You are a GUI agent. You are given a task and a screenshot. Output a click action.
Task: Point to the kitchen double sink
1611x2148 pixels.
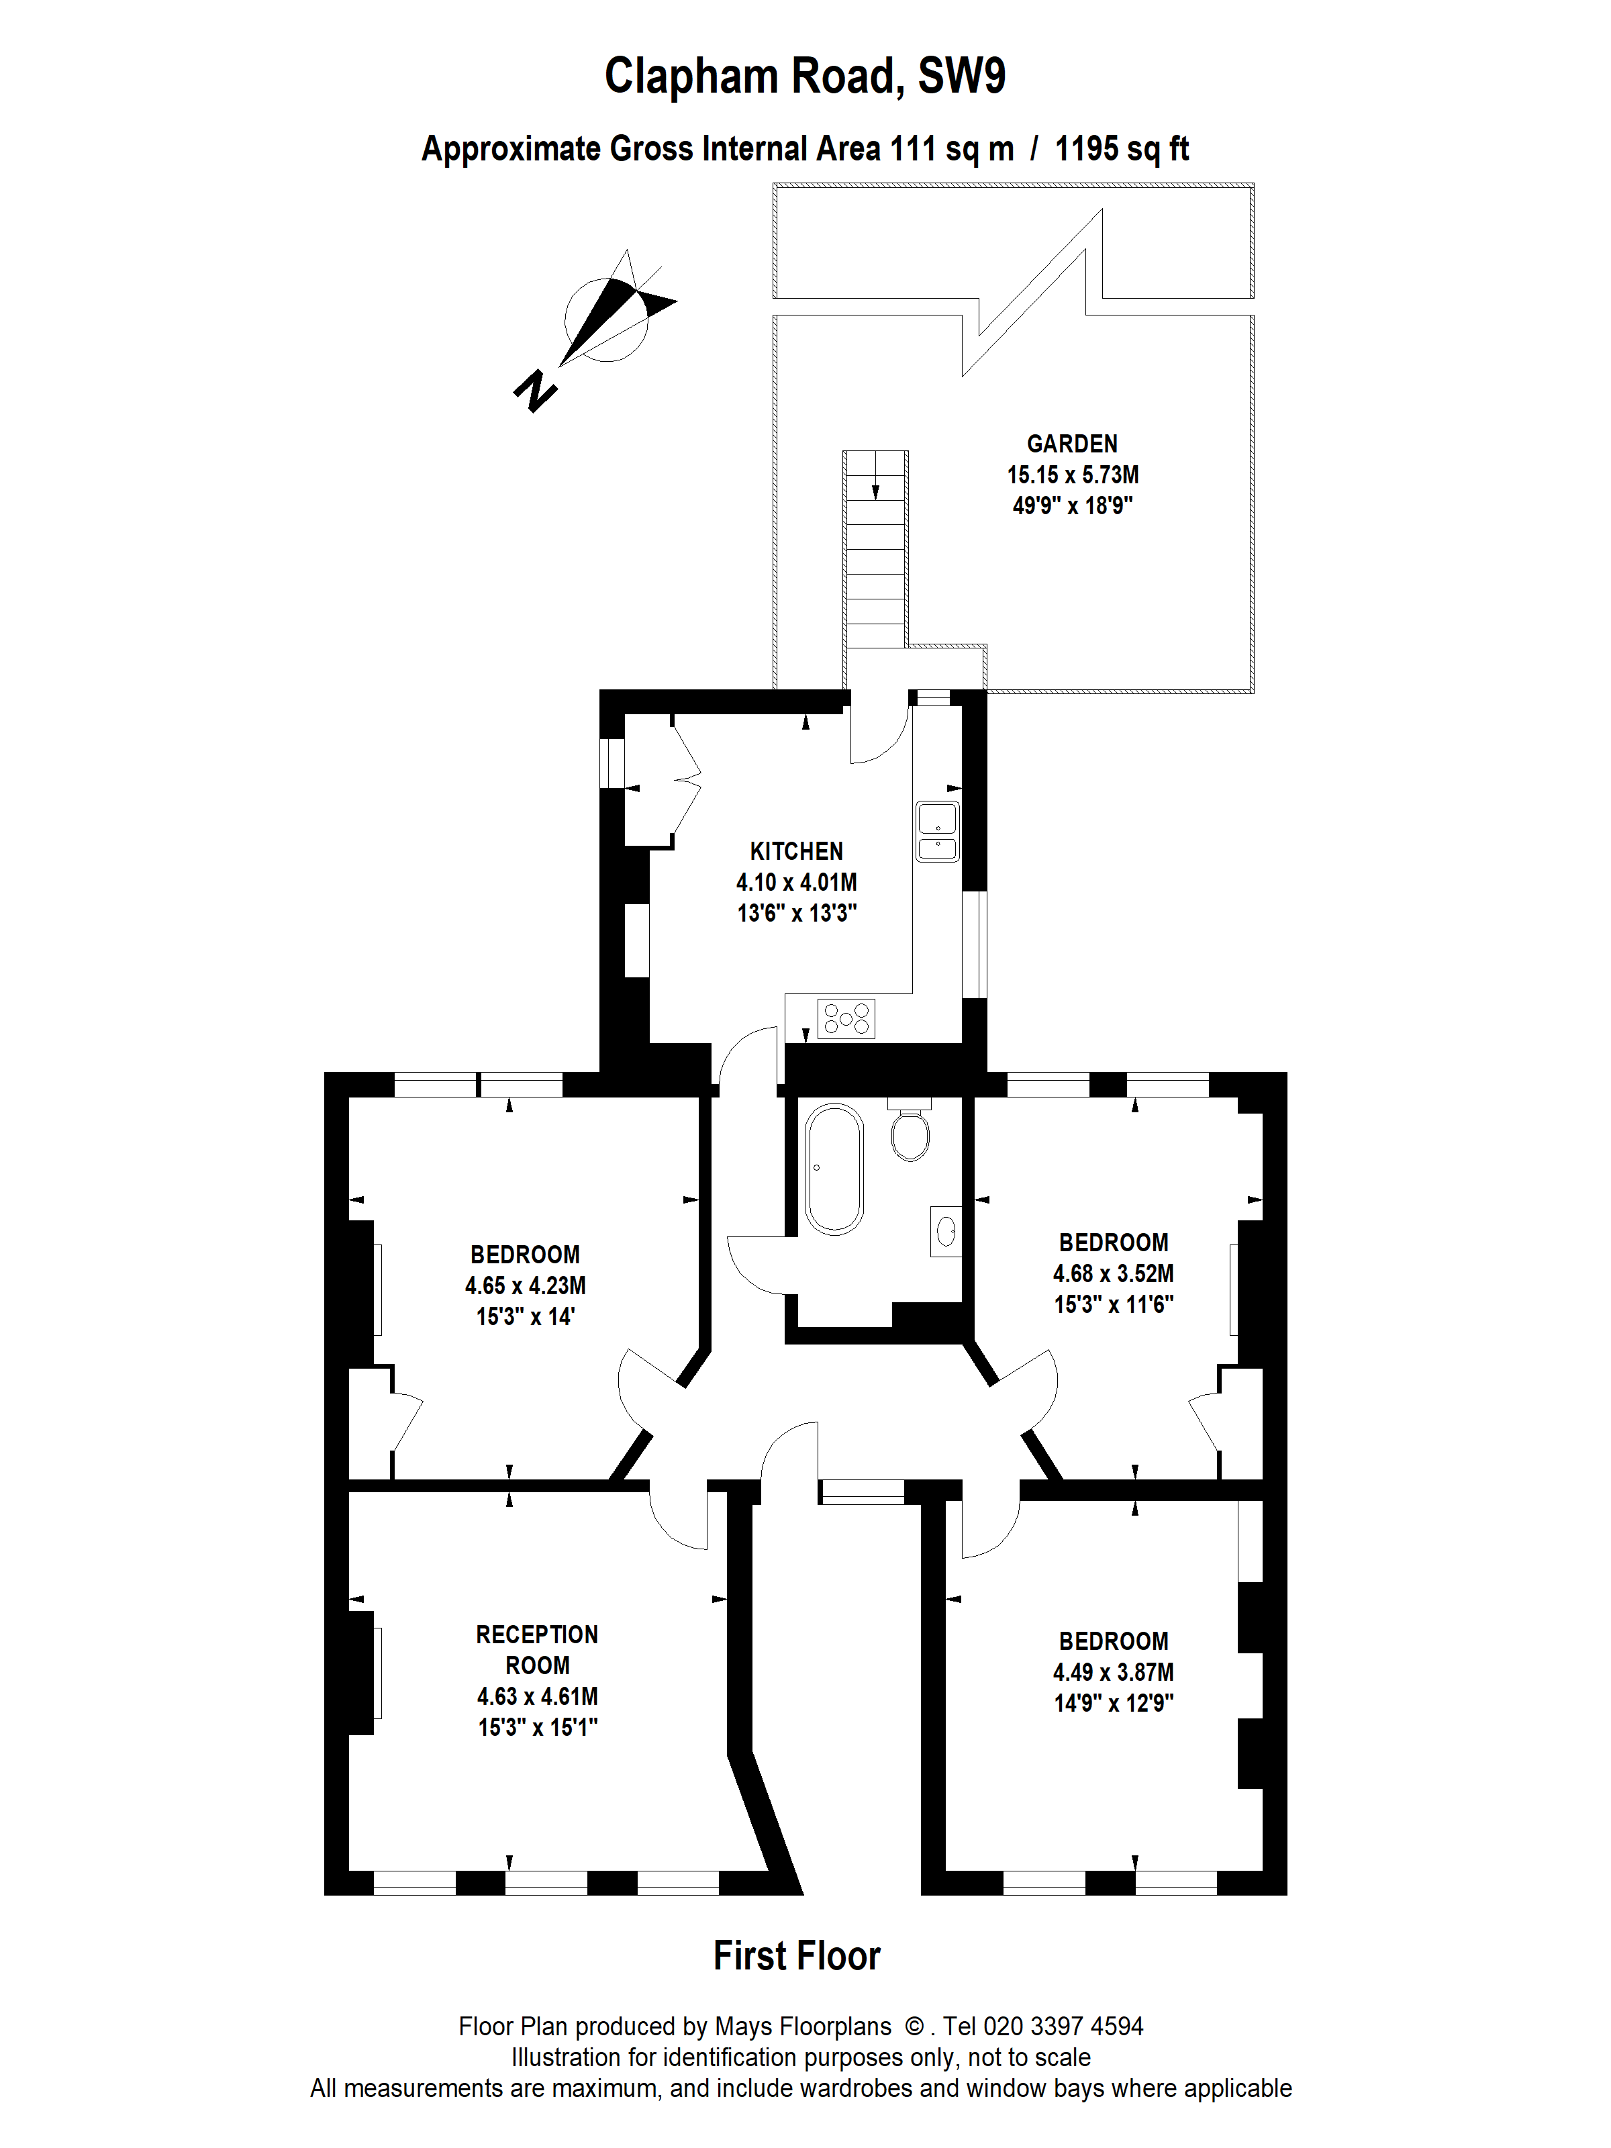(x=937, y=831)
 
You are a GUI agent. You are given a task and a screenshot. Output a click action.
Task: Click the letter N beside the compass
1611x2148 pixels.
(x=535, y=391)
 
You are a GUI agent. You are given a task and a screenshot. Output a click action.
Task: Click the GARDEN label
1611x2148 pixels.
(x=1072, y=444)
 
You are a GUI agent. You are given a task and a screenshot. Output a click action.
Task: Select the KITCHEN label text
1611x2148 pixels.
(x=796, y=852)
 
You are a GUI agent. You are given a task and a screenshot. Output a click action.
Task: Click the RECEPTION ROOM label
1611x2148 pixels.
(x=537, y=1650)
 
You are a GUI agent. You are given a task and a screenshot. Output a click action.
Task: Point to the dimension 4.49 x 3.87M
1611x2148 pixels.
(x=1114, y=1672)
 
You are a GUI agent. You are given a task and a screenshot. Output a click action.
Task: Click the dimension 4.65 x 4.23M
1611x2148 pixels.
(x=526, y=1285)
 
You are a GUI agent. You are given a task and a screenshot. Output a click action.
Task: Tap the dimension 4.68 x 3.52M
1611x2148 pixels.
(x=1114, y=1273)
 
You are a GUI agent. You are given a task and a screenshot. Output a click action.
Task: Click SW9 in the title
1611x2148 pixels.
(x=961, y=76)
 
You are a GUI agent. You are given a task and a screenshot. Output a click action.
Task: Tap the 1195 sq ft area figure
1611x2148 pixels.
(x=1122, y=150)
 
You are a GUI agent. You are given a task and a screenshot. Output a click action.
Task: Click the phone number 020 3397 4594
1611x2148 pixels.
(x=1063, y=2027)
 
